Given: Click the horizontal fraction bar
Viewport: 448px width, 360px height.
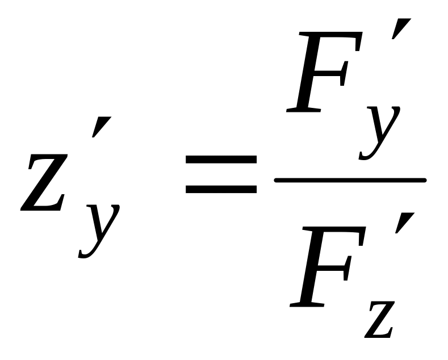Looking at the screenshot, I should coord(350,181).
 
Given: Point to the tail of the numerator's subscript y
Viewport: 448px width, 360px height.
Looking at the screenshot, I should coord(366,154).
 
